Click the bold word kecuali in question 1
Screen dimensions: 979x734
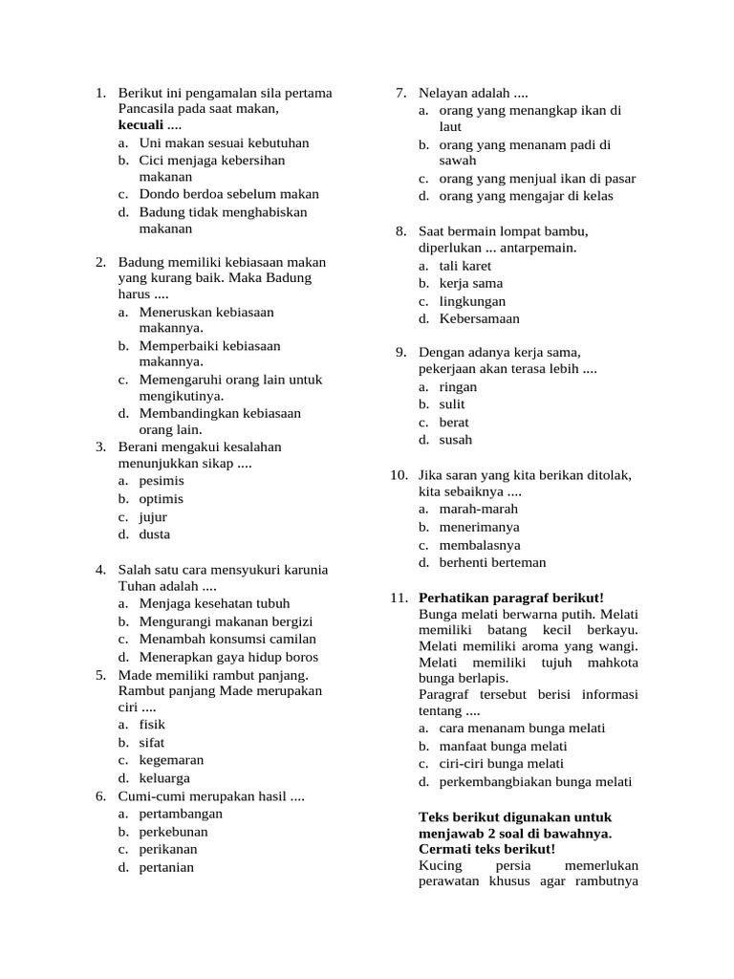140,125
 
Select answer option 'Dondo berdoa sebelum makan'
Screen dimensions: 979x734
228,194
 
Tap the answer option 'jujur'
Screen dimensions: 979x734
153,517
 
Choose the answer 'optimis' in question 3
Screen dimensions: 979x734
161,499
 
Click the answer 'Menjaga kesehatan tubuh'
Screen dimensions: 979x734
214,604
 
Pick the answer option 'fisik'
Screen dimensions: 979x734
152,725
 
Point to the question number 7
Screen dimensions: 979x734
401,93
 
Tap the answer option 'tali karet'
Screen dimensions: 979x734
464,266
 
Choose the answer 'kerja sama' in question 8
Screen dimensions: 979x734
470,284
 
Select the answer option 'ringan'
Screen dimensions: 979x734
458,387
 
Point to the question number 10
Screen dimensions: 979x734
399,475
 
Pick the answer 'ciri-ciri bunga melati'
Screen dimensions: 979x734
501,764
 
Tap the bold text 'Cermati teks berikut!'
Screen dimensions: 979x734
486,849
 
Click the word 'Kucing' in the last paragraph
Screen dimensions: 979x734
440,866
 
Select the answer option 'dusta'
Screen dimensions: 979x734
155,534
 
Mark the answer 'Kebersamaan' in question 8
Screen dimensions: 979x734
479,318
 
